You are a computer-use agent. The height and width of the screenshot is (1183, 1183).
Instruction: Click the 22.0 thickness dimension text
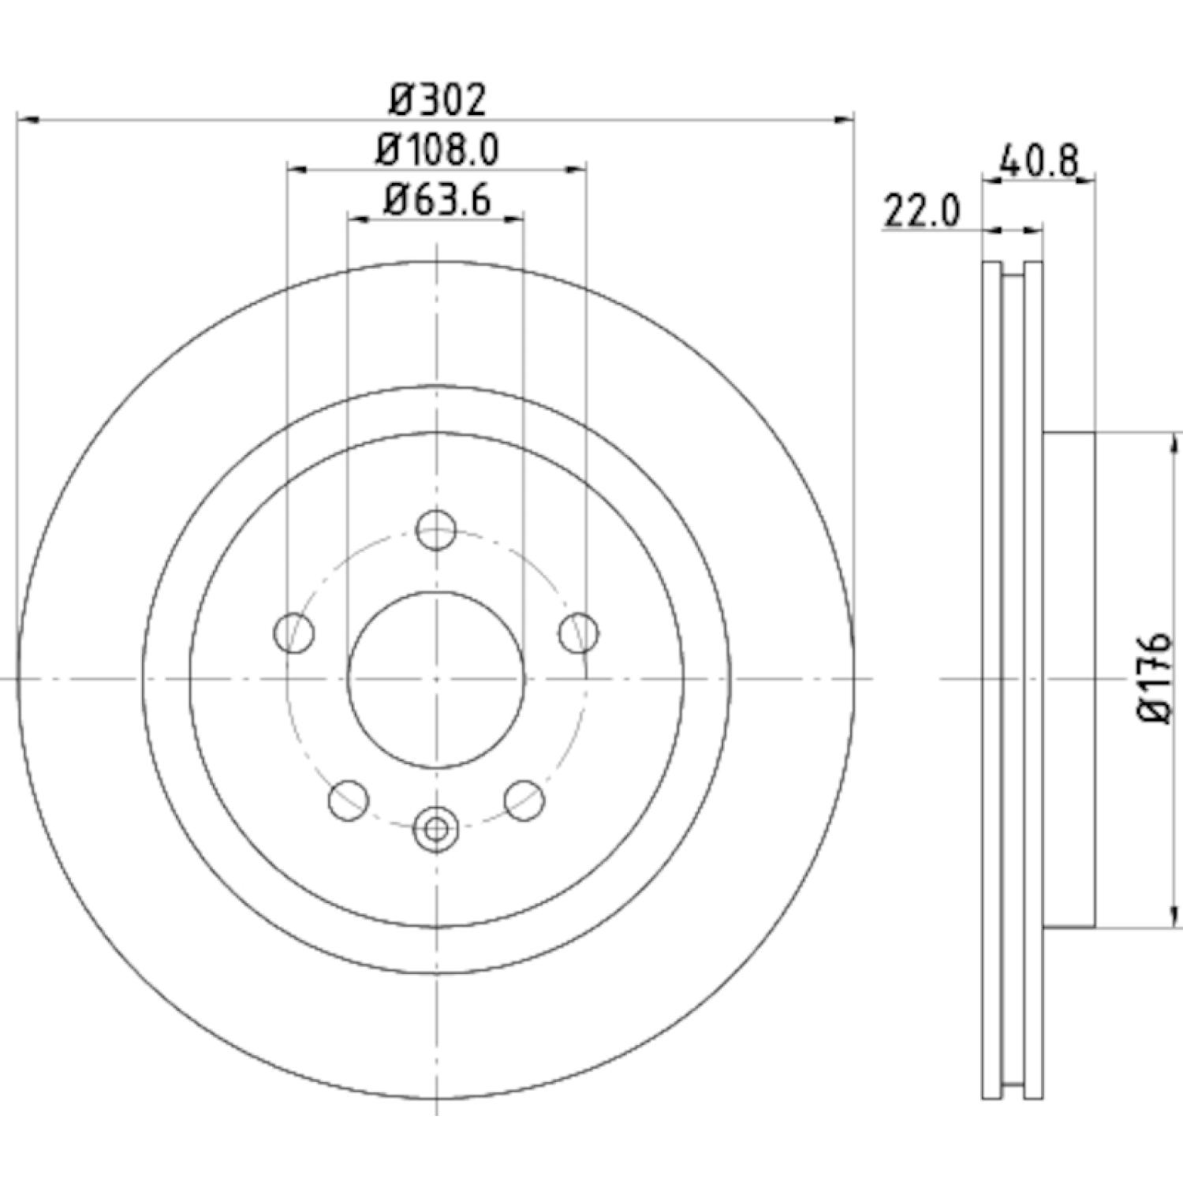[922, 211]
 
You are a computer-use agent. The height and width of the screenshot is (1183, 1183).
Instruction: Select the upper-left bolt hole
[294, 633]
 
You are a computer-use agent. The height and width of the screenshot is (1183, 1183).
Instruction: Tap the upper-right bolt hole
[579, 633]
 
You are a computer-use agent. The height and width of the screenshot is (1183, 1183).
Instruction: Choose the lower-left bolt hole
[349, 800]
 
